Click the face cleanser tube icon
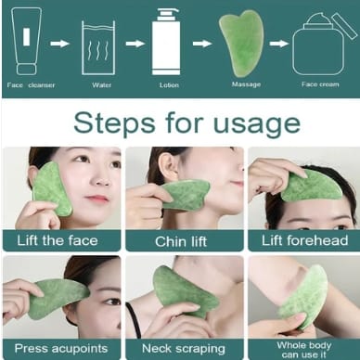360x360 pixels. point(26,41)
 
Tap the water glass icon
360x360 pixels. point(98,48)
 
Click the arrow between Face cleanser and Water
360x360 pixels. point(59,44)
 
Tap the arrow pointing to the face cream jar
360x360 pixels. point(278,44)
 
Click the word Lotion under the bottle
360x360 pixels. point(169,85)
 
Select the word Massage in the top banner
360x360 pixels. point(246,84)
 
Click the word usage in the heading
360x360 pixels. point(257,123)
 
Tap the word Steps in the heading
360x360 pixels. point(114,122)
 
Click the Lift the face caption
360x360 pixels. point(58,240)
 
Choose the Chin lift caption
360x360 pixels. point(181,241)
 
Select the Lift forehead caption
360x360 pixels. point(305,240)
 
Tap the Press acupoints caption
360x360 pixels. point(61,349)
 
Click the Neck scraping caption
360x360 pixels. point(184,349)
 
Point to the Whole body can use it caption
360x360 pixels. point(304,350)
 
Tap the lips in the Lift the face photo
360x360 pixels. point(96,198)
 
